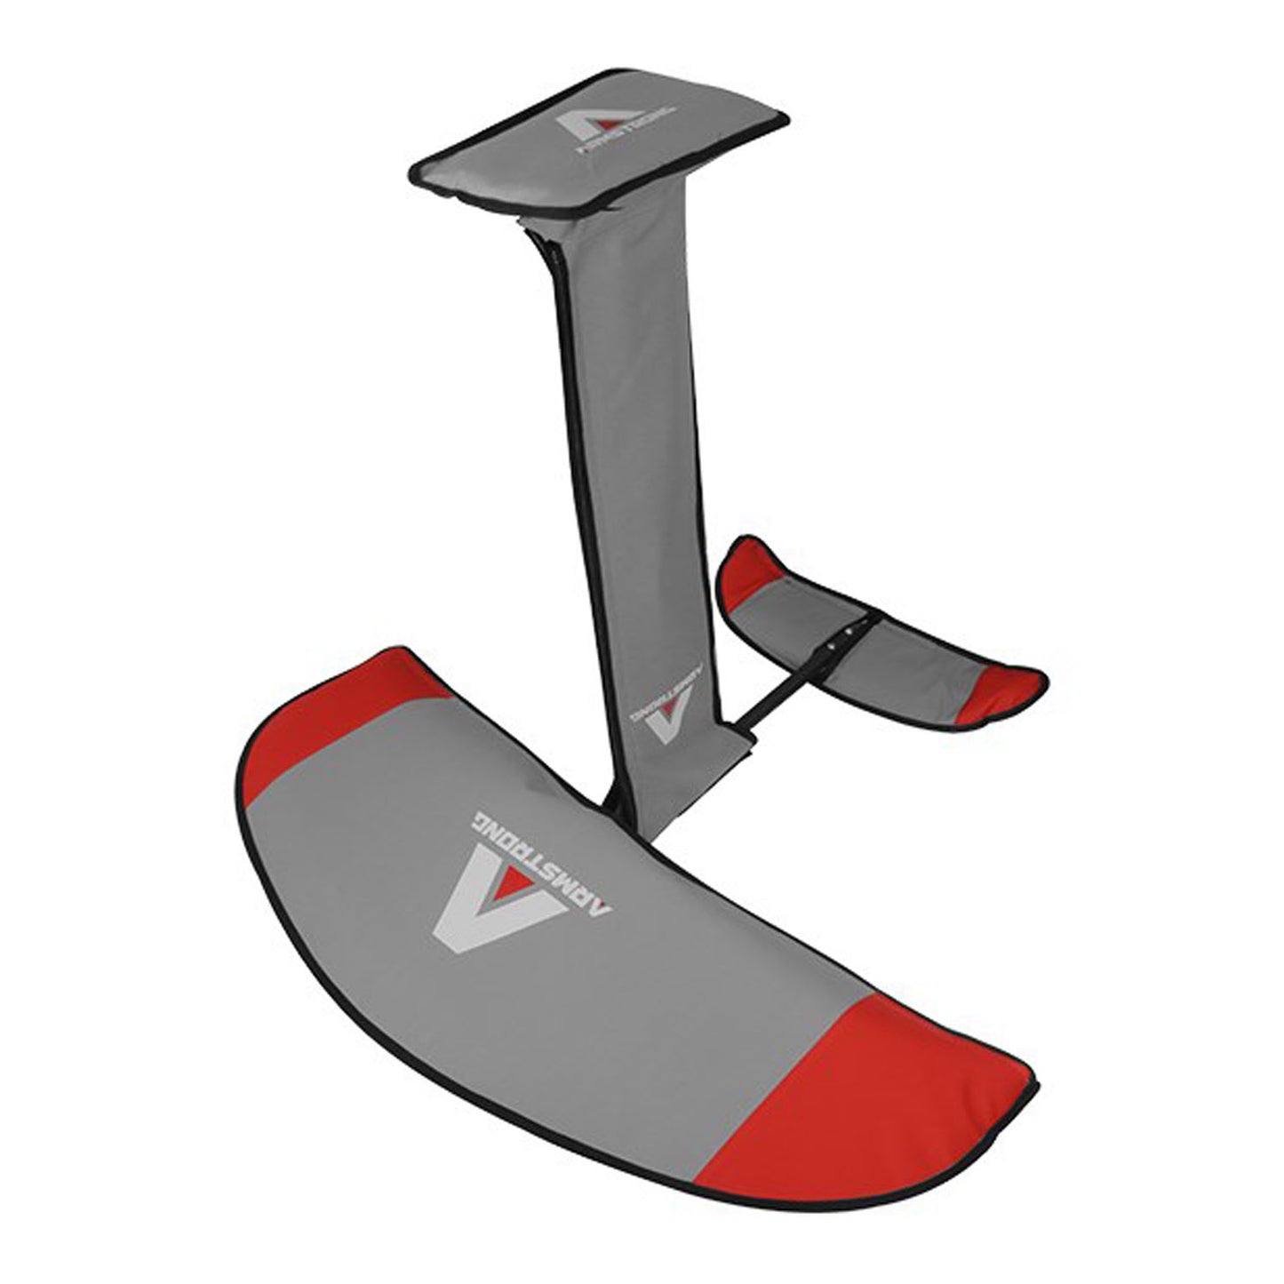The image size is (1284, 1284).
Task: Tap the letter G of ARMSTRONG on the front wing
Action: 481,821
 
